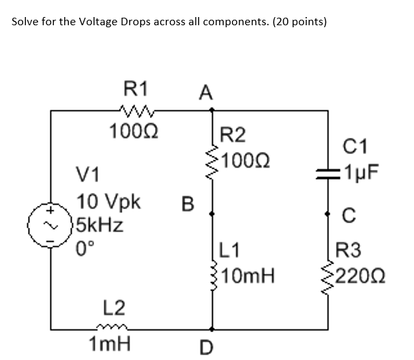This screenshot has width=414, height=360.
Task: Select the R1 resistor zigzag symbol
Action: pyautogui.click(x=133, y=109)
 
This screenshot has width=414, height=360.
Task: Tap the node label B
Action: pyautogui.click(x=188, y=203)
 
